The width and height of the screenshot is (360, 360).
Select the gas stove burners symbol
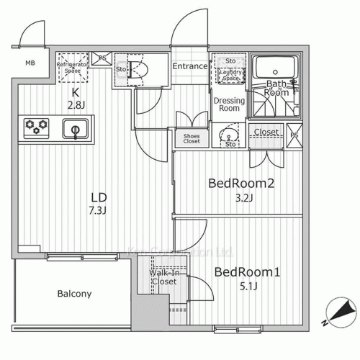37,127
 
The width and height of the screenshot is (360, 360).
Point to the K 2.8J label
74,99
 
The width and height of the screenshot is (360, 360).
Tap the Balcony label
73,294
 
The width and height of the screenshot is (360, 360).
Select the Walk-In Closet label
164,278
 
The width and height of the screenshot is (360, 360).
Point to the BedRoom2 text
241,184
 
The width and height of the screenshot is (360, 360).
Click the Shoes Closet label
192,137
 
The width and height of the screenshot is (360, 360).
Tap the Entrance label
190,67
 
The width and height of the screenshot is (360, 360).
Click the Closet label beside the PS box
266,132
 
